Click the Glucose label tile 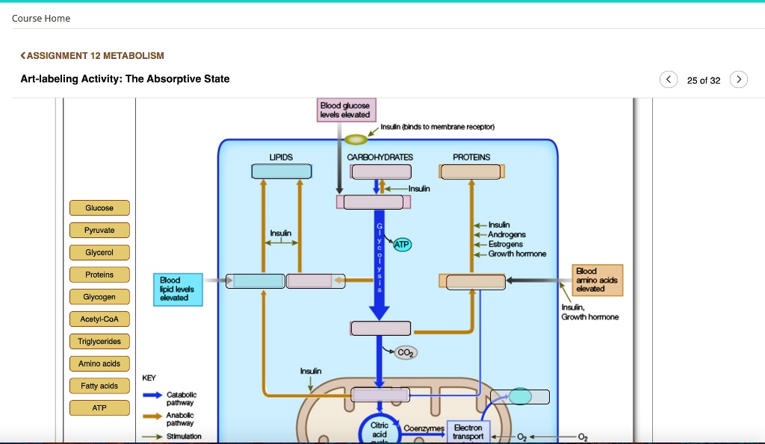click(99, 207)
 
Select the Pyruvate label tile click(99, 230)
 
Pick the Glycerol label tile click(99, 252)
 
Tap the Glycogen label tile click(99, 297)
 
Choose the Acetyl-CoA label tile click(99, 319)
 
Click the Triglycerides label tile click(99, 342)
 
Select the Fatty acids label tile click(99, 386)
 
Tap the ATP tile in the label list click(99, 408)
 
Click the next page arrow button click(738, 79)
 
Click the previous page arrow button click(669, 79)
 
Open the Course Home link click(41, 18)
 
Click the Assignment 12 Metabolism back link click(92, 55)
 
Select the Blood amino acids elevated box click(598, 280)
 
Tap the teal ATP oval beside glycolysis click(402, 244)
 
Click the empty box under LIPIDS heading click(281, 172)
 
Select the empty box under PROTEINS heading click(471, 172)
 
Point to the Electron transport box click(468, 431)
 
